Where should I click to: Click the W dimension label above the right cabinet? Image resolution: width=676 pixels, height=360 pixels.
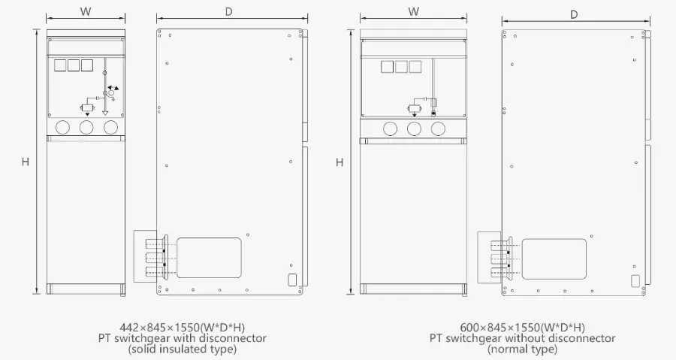click(x=413, y=11)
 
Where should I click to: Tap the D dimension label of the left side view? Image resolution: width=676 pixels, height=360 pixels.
click(x=228, y=11)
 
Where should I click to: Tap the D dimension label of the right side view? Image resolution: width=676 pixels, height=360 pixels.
click(x=574, y=14)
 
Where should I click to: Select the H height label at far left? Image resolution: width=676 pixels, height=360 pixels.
click(x=25, y=162)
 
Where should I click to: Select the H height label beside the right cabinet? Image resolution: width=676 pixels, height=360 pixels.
click(x=340, y=162)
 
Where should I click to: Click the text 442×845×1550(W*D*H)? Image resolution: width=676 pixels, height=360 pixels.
click(x=183, y=327)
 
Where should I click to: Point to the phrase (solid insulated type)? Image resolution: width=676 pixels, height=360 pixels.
click(x=183, y=349)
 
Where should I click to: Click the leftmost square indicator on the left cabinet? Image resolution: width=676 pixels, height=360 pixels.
click(x=60, y=65)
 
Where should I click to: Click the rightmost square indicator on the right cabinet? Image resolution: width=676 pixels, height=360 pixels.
click(x=415, y=67)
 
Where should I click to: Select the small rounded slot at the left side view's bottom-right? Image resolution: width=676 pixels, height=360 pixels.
click(x=292, y=280)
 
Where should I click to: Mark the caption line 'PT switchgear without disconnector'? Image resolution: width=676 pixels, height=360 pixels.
click(x=522, y=338)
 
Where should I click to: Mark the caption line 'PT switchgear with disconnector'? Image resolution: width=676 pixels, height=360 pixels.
click(x=183, y=338)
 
